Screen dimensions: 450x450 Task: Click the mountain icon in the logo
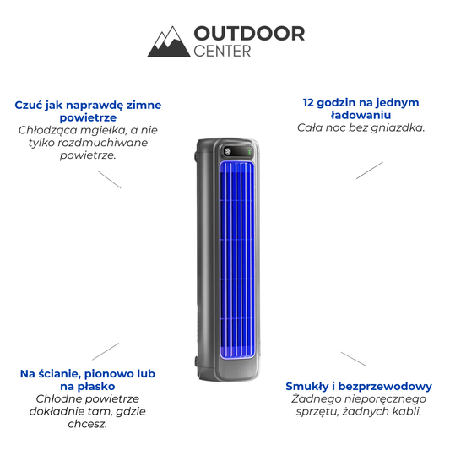point(169,42)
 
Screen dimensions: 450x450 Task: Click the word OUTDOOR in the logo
point(249,34)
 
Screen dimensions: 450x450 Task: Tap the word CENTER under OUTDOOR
point(222,52)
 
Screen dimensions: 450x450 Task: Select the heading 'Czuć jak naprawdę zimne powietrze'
point(88,111)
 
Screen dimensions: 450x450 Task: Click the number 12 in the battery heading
point(308,102)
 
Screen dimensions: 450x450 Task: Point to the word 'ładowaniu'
point(361,115)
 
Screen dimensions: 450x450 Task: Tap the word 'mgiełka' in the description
point(103,131)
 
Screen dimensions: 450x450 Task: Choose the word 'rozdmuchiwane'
point(103,143)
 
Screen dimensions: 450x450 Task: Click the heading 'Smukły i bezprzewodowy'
point(359,387)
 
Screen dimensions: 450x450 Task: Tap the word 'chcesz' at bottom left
point(86,424)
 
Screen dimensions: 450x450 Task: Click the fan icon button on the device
point(228,151)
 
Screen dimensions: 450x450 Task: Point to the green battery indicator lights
point(249,151)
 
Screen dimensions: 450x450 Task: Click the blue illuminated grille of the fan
point(237,260)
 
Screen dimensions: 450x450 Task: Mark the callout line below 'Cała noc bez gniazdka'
point(370,171)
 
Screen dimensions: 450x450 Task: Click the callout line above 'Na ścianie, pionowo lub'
point(106,351)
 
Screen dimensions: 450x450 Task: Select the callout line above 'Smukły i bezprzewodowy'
point(354,359)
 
